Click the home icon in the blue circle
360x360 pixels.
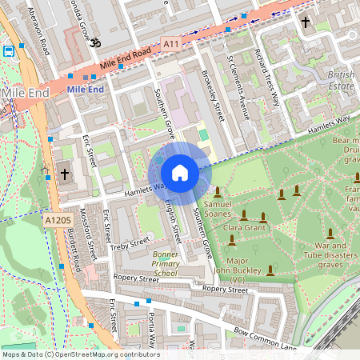(x=180, y=173)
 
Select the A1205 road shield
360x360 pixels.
(x=57, y=220)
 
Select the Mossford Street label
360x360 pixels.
(x=93, y=234)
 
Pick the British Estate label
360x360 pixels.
(x=342, y=78)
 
